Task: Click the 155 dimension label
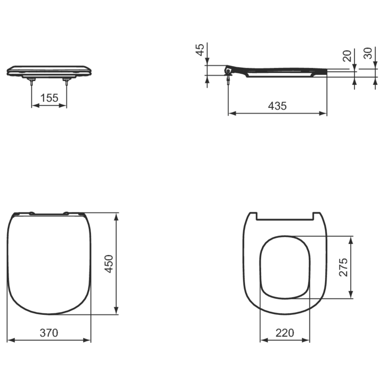(x=49, y=98)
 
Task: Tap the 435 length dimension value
(x=277, y=106)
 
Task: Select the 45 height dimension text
(x=201, y=50)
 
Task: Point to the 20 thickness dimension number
(x=347, y=56)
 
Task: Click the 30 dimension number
(x=368, y=53)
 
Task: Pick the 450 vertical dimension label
(x=109, y=264)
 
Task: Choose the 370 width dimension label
(x=49, y=333)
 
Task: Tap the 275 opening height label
(x=343, y=267)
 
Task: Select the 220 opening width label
(x=285, y=333)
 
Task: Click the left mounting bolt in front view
(x=32, y=81)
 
